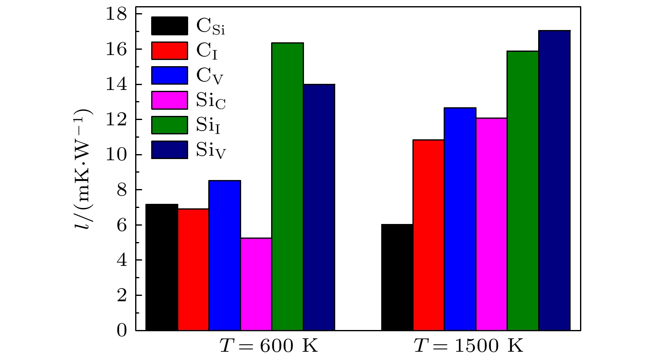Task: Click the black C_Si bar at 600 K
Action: click(x=162, y=267)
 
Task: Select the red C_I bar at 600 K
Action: click(x=193, y=270)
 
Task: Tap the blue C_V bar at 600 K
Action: click(x=225, y=255)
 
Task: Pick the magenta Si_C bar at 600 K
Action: click(x=256, y=284)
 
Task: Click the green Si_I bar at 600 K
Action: click(x=288, y=187)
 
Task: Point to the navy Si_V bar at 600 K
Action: click(x=319, y=207)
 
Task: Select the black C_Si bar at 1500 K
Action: click(x=397, y=277)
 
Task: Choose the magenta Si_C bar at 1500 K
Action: click(x=491, y=224)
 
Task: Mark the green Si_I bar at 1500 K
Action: click(x=523, y=191)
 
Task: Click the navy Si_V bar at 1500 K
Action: click(x=554, y=180)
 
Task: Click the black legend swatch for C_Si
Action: click(x=170, y=26)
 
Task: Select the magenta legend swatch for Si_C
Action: click(x=170, y=100)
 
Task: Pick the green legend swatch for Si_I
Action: click(x=170, y=125)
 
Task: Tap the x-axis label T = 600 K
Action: click(x=269, y=346)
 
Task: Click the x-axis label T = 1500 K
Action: click(x=468, y=346)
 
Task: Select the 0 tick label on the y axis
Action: click(x=122, y=330)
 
